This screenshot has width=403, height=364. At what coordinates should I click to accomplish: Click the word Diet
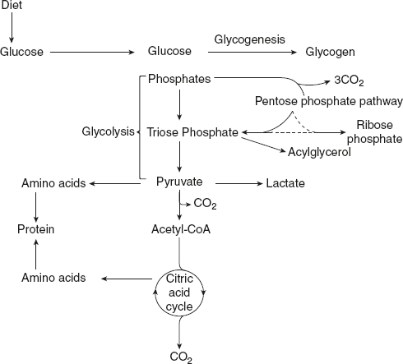(12, 6)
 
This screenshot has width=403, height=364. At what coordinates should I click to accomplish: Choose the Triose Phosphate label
(192, 131)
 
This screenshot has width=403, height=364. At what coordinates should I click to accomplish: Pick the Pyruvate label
(180, 181)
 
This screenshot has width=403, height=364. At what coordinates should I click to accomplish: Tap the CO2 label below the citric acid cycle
(179, 357)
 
